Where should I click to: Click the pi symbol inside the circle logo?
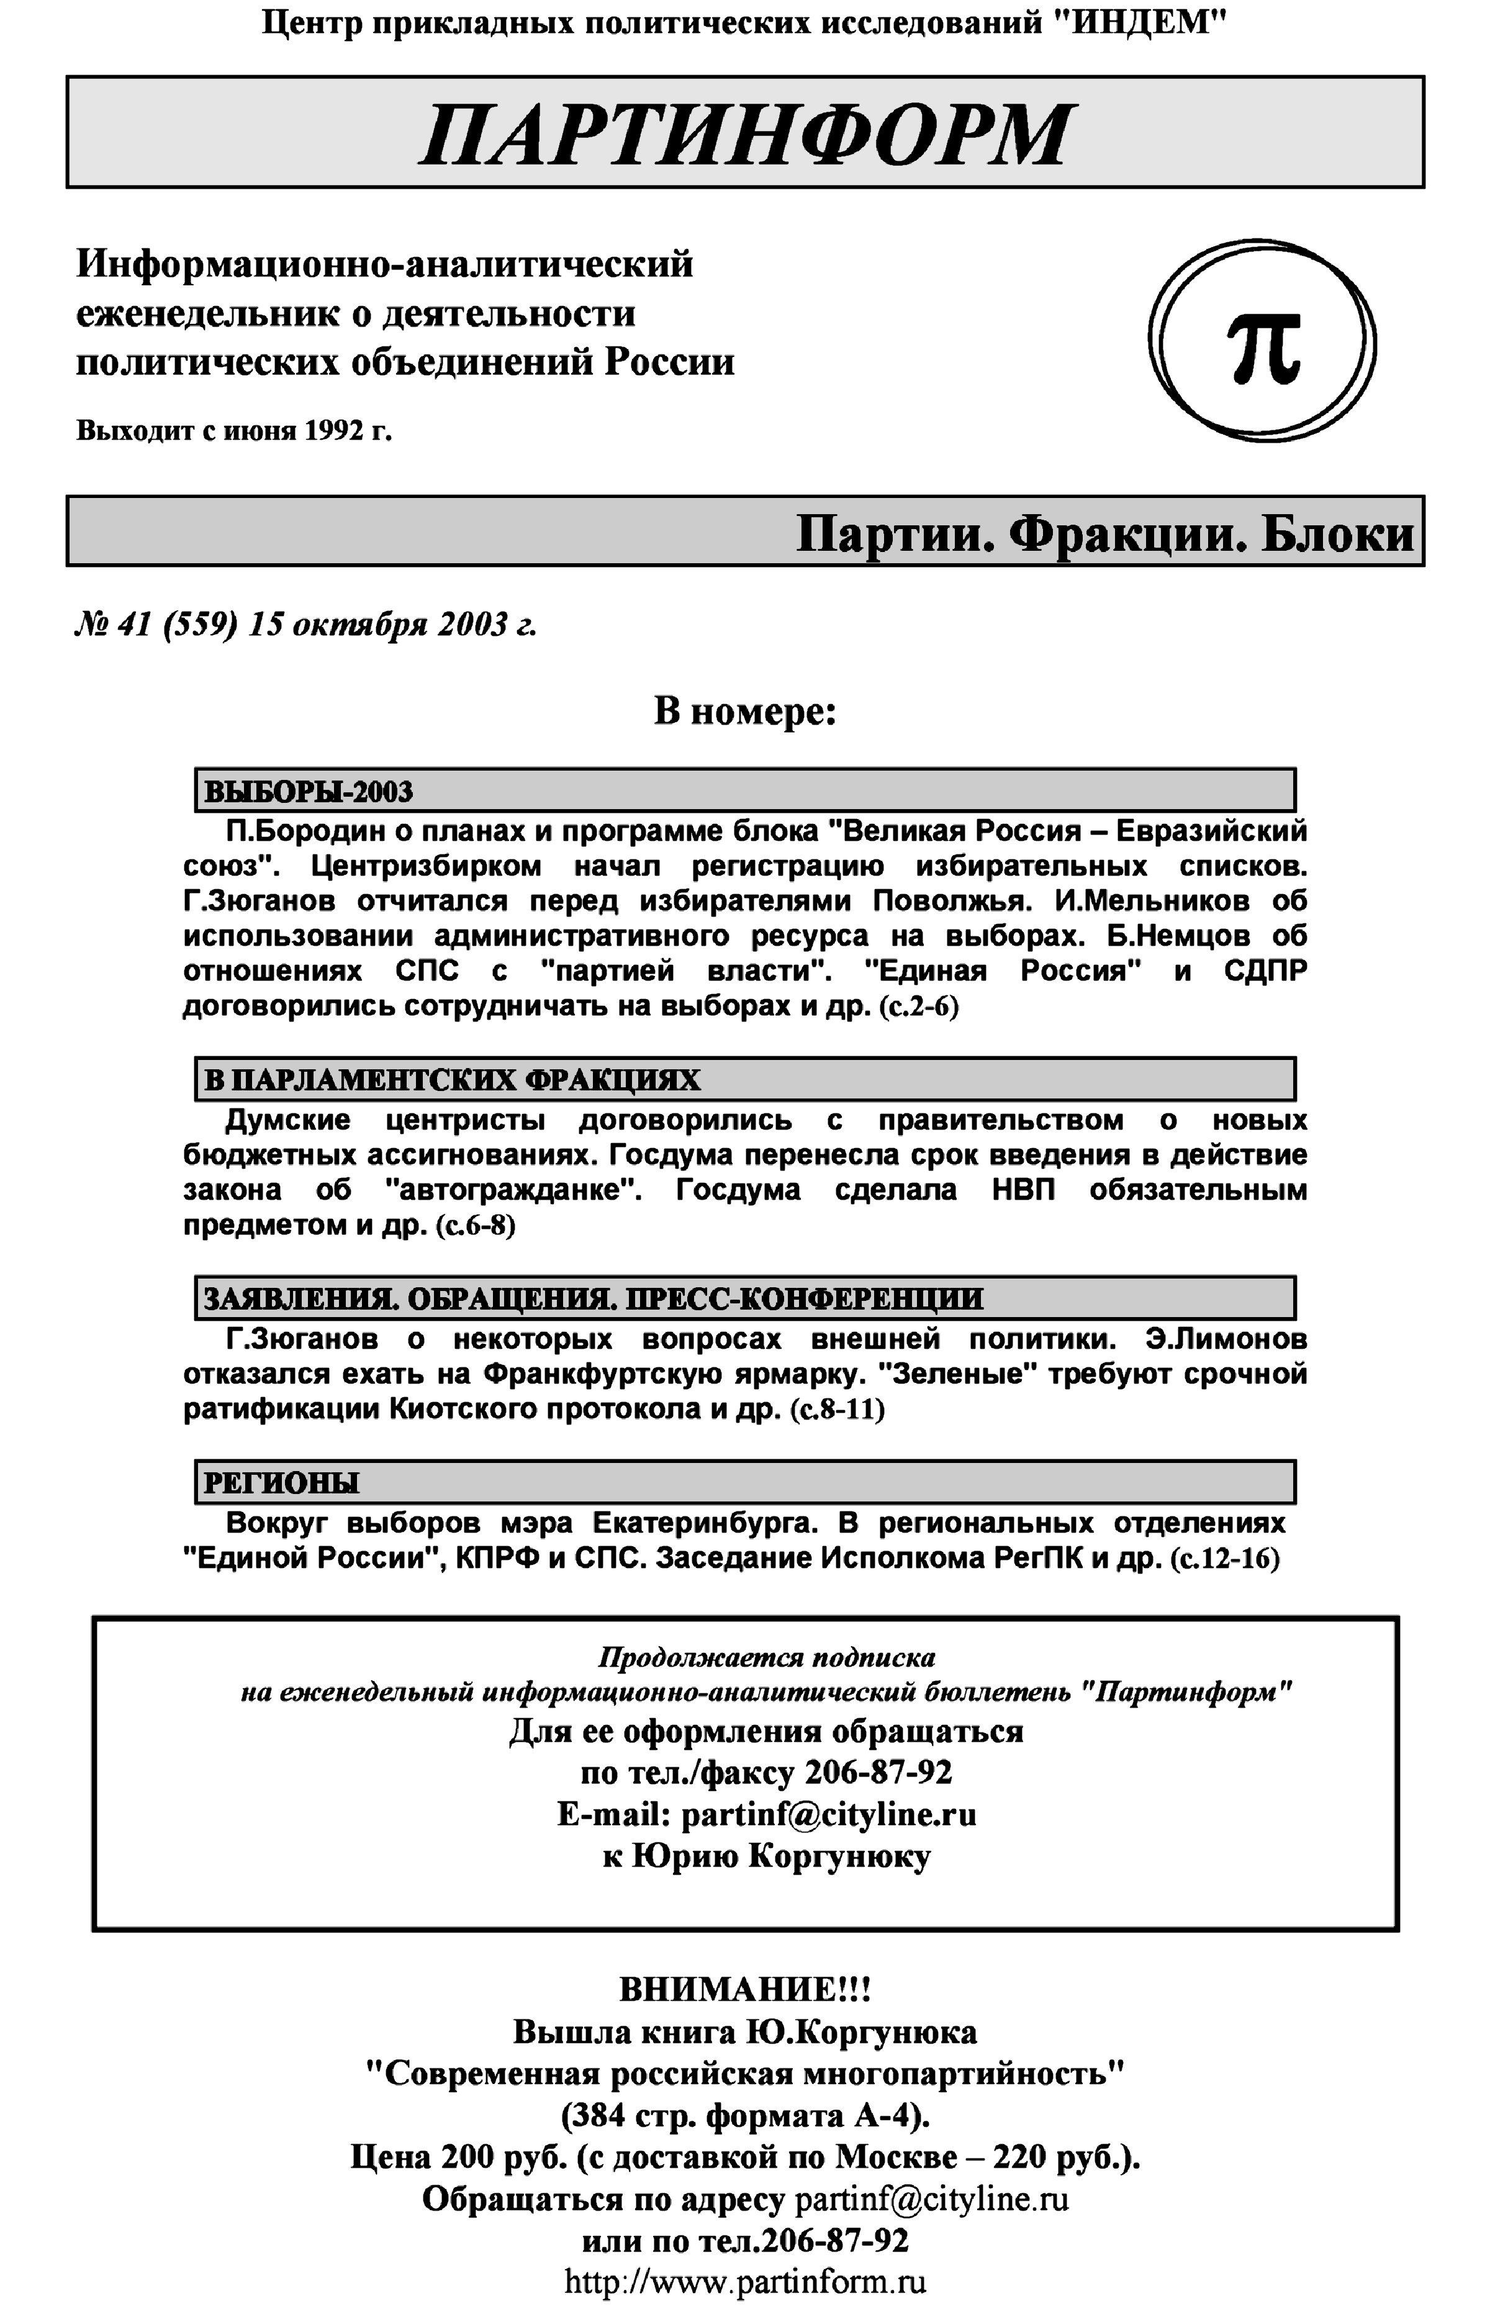(x=1263, y=347)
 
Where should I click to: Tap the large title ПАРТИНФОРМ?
(x=745, y=134)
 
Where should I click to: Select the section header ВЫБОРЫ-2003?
(x=309, y=792)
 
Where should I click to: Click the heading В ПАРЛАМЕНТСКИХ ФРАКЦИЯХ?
(x=452, y=1080)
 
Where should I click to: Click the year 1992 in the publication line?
(x=334, y=430)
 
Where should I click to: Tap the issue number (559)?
(x=201, y=625)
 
